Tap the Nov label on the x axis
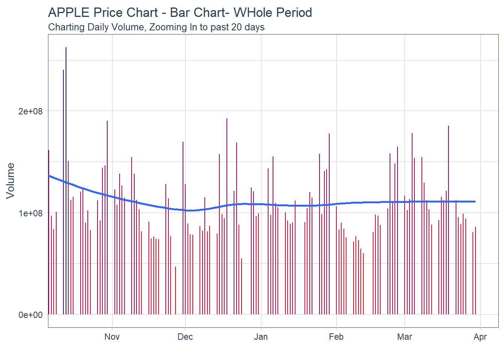coord(112,337)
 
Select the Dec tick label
coord(185,337)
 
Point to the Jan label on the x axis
coord(261,337)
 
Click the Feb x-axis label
coord(336,337)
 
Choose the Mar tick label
coord(405,337)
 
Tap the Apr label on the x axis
coord(480,337)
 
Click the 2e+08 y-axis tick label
coord(31,111)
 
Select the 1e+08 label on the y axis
coord(31,213)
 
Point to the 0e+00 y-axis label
coord(31,315)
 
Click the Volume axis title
coord(10,180)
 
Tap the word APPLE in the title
coord(69,13)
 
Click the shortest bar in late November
coord(175,291)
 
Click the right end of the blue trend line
coord(475,202)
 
